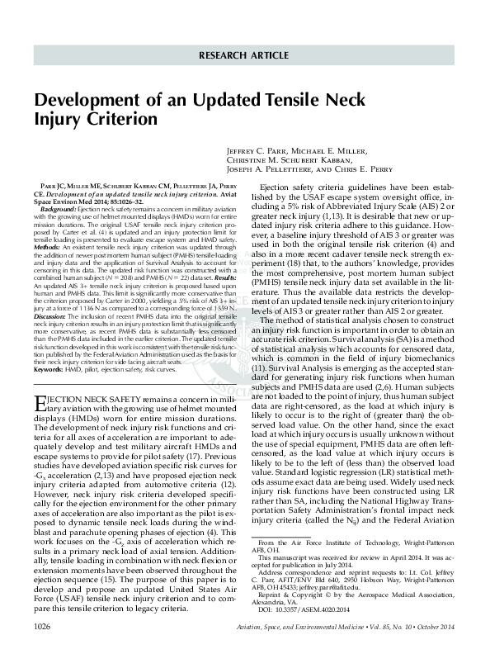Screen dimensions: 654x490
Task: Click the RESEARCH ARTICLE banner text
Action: click(244, 57)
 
